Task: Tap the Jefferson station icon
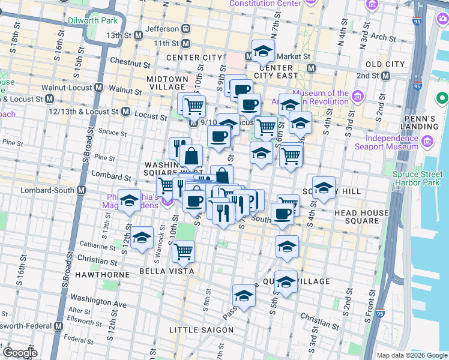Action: pyautogui.click(x=187, y=28)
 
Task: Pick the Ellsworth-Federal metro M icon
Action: pyautogui.click(x=58, y=326)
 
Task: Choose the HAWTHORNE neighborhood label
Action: pyautogui.click(x=107, y=274)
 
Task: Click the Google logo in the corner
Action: pyautogui.click(x=20, y=353)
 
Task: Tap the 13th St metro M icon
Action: pyautogui.click(x=139, y=35)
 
